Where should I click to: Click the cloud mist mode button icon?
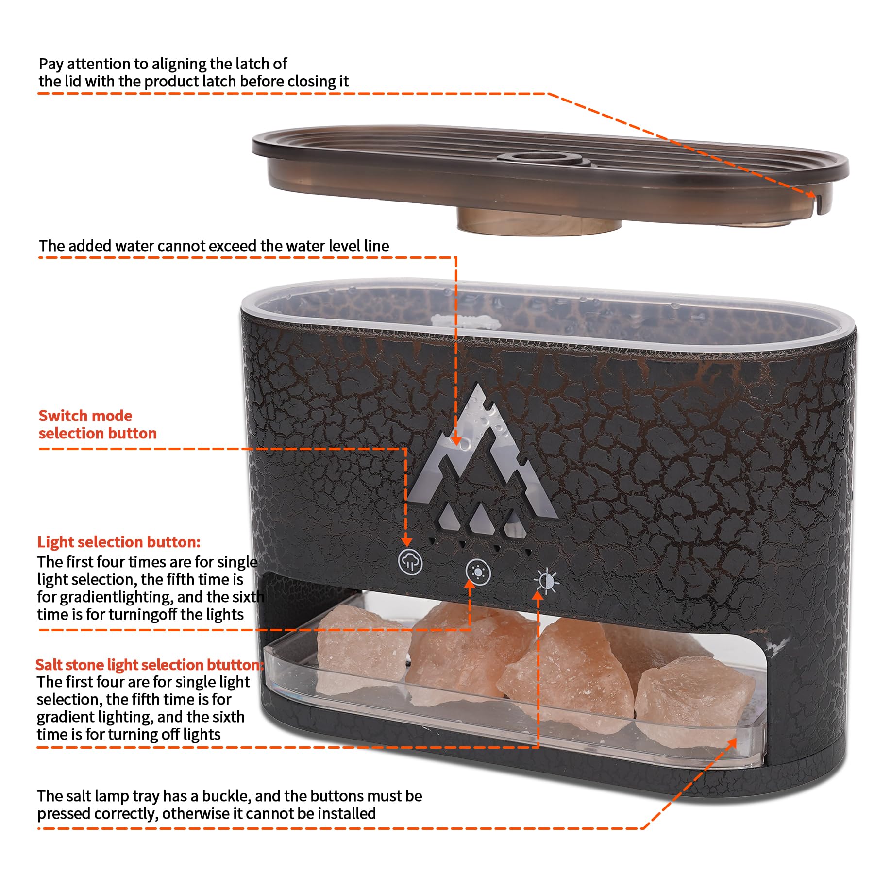pos(410,562)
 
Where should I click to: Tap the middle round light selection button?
pos(478,572)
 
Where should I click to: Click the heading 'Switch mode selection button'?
pos(98,424)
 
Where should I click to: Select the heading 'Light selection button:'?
pos(119,542)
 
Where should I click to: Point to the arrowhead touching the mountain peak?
pos(455,439)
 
